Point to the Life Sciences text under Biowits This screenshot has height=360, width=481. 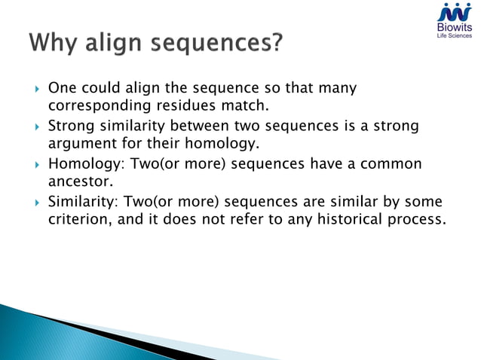pos(455,35)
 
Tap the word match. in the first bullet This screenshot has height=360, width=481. pos(245,106)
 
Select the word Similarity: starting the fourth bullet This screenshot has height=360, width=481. pos(81,201)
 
